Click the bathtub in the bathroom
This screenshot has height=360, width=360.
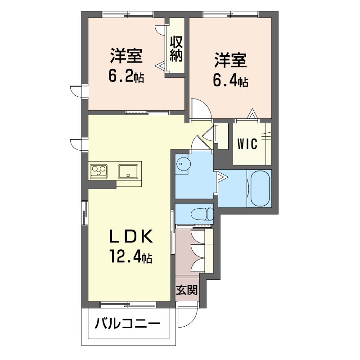point(260,188)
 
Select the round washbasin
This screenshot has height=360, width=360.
point(183,164)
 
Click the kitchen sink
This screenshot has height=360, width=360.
point(128,171)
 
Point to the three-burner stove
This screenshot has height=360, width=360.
point(99,171)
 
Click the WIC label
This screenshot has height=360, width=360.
point(247,144)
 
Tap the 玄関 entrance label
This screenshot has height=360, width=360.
point(187,290)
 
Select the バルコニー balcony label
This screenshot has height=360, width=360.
point(128,324)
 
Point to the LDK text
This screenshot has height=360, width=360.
point(131,237)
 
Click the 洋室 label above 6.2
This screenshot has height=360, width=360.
point(126,55)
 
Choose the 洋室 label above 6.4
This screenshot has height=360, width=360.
point(230,60)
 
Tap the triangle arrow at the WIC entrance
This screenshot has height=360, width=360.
point(252,113)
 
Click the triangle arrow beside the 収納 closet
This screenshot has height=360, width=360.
point(161,65)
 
